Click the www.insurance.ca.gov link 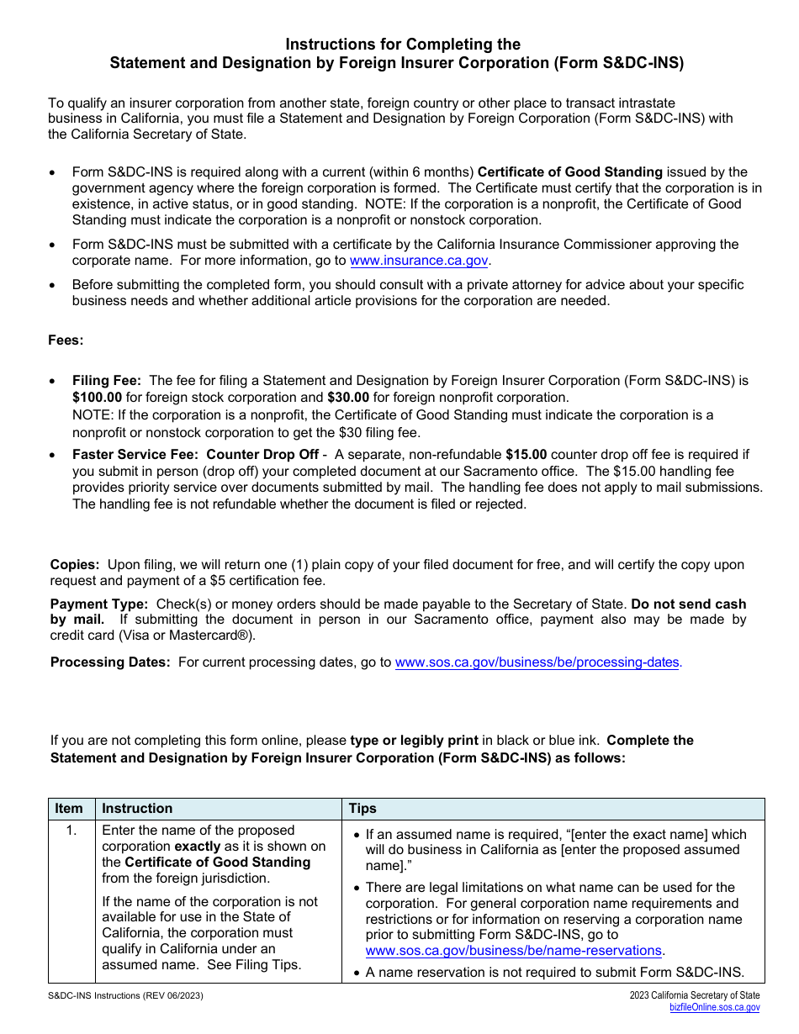pos(419,261)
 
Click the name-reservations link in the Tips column pos(513,951)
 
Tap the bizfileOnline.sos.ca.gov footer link pos(714,1007)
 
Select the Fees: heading pos(66,340)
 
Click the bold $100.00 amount pos(98,398)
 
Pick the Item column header pos(69,809)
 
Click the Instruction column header pos(137,809)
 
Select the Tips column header pos(362,809)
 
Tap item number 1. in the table pos(71,831)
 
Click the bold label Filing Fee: pos(107,381)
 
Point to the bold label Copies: pos(75,565)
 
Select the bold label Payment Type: pos(99,604)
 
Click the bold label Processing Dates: pos(110,662)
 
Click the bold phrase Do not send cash pos(688,604)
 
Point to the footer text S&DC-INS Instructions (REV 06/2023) pos(125,996)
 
